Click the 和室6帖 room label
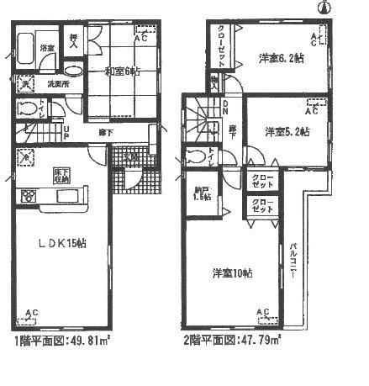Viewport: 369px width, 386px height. (x=123, y=72)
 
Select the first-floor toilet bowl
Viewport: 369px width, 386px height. (x=25, y=108)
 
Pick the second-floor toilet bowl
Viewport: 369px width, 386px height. (x=196, y=156)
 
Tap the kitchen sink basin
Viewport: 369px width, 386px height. (x=65, y=196)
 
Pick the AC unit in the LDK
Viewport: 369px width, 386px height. (x=31, y=317)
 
